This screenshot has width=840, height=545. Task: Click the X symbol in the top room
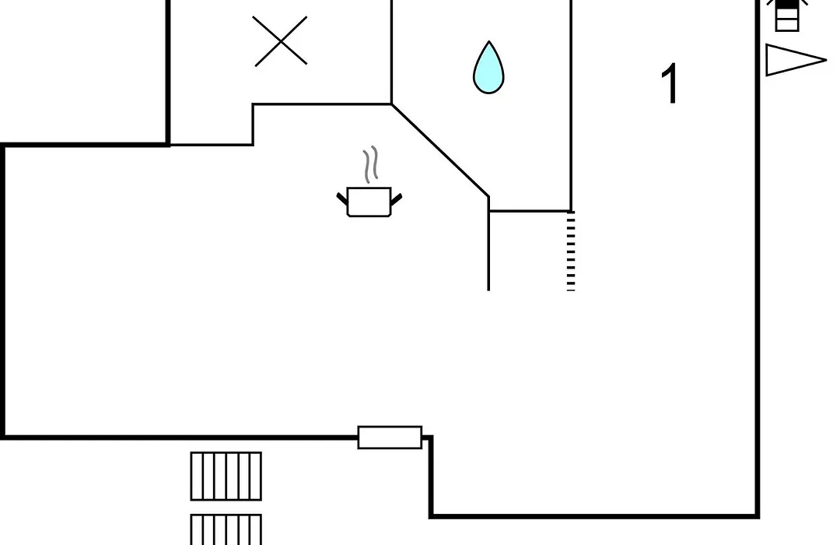click(x=280, y=41)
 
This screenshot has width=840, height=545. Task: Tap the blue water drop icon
click(x=488, y=68)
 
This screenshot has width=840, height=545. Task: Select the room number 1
click(x=670, y=83)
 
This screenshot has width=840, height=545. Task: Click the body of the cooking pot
click(x=369, y=202)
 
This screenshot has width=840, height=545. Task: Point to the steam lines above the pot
click(x=370, y=165)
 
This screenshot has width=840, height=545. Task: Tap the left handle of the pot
click(x=342, y=199)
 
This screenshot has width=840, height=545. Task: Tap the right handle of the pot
click(x=397, y=199)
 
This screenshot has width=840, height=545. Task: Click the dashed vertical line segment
click(x=571, y=251)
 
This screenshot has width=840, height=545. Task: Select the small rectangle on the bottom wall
click(x=390, y=438)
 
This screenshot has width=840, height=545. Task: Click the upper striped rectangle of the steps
click(x=226, y=476)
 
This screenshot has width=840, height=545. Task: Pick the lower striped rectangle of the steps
click(x=226, y=529)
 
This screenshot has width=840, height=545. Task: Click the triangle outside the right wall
click(x=796, y=60)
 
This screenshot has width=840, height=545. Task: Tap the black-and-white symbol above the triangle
click(x=787, y=16)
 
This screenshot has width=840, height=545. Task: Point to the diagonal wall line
click(x=440, y=150)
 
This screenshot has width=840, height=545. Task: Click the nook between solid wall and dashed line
click(x=530, y=251)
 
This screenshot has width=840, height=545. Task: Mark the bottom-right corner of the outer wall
click(x=758, y=516)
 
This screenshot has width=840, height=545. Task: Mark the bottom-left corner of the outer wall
click(x=3, y=438)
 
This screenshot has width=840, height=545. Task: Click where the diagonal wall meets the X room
click(x=391, y=104)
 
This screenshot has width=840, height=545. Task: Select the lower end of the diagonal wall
click(x=488, y=197)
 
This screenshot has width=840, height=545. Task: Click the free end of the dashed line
click(x=571, y=290)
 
